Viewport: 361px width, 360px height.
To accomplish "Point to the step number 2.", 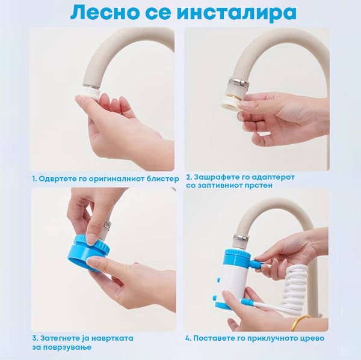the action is (x=189, y=177).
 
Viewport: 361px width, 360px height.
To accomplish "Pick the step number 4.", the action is (x=188, y=338).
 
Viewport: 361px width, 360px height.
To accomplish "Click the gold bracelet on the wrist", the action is (x=301, y=321).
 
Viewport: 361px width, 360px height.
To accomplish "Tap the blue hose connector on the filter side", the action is (x=256, y=263).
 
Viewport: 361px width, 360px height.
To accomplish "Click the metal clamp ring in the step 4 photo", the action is (x=241, y=237).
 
